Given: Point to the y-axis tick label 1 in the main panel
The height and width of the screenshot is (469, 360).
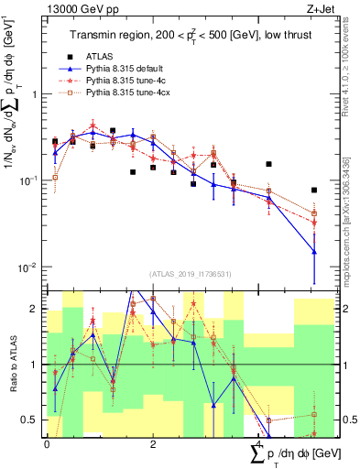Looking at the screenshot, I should click(x=37, y=94).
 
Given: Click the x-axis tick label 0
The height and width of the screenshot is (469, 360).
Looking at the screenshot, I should click(x=47, y=443).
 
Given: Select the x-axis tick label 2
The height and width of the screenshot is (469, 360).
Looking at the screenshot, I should click(x=152, y=443).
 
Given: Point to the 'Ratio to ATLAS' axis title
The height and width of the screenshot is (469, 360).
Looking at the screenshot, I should click(x=11, y=364).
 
